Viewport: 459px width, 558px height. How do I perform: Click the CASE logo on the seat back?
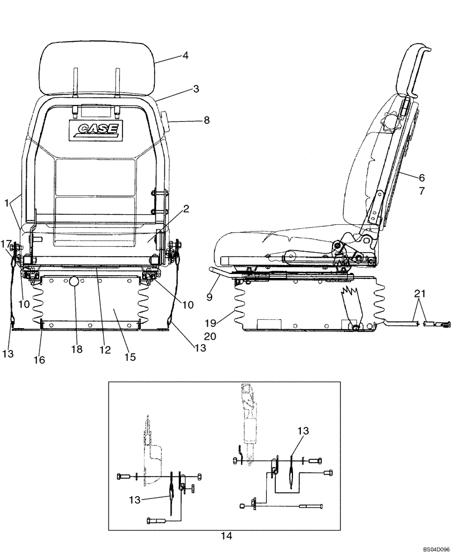93,129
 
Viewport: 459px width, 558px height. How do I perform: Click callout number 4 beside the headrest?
185,56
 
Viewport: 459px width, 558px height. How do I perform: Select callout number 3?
196,89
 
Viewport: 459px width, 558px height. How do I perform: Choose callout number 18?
76,349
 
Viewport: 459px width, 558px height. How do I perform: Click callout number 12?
102,349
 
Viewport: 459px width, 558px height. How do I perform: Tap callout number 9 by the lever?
209,297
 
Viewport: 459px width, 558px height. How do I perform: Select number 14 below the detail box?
225,536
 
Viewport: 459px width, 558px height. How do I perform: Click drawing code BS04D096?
434,550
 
